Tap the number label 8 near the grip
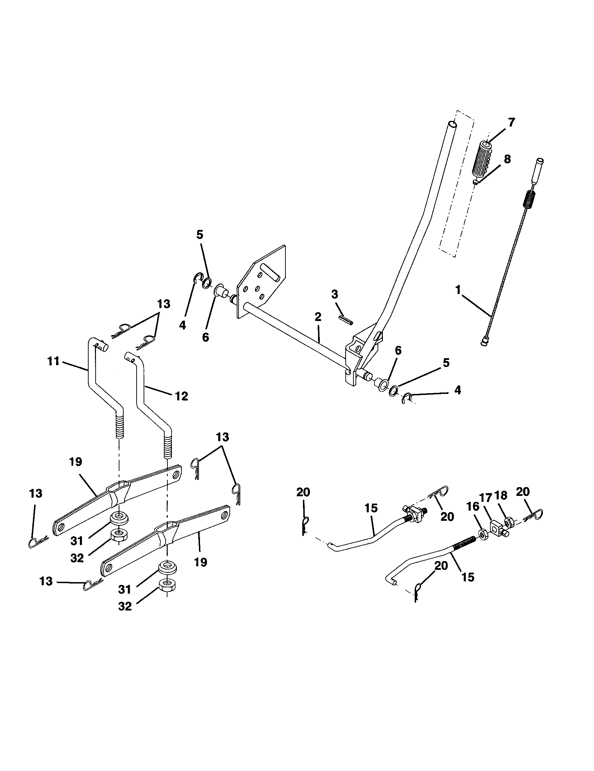pyautogui.click(x=507, y=159)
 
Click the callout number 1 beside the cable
pyautogui.click(x=458, y=290)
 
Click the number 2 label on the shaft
pyautogui.click(x=318, y=317)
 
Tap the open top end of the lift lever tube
pyautogui.click(x=453, y=125)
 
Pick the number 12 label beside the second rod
pyautogui.click(x=181, y=396)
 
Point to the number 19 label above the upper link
pyautogui.click(x=76, y=462)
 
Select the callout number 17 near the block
pyautogui.click(x=486, y=498)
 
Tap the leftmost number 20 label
pyautogui.click(x=303, y=492)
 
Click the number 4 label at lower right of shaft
pyautogui.click(x=457, y=390)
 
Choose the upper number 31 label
pyautogui.click(x=77, y=541)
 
